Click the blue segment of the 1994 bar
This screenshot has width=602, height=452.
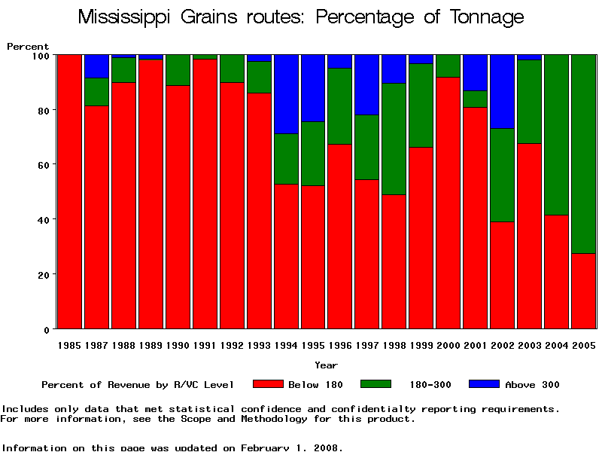coord(286,94)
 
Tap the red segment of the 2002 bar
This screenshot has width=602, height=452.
coord(502,275)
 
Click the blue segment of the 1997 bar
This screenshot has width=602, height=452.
coord(367,84)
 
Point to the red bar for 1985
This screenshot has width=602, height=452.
coord(69,192)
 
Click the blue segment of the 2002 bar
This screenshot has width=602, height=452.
coord(502,91)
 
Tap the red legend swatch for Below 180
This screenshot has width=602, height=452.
coord(267,384)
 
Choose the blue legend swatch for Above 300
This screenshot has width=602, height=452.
coord(484,384)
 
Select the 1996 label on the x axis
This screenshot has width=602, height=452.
coord(340,345)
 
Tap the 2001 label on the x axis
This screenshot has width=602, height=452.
coord(475,345)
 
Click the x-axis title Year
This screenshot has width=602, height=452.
coord(326,365)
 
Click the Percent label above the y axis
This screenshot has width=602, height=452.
coord(28,47)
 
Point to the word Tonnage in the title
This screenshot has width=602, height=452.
coord(485,17)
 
